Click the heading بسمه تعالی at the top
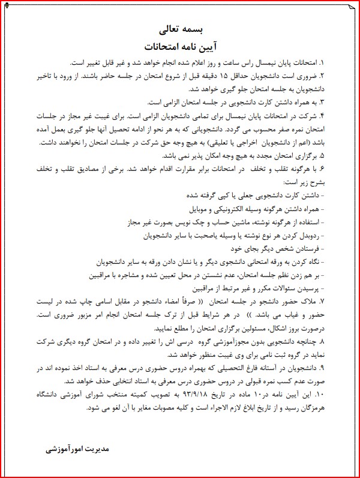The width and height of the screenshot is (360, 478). coord(179,29)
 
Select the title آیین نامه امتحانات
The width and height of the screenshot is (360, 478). coord(179,46)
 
